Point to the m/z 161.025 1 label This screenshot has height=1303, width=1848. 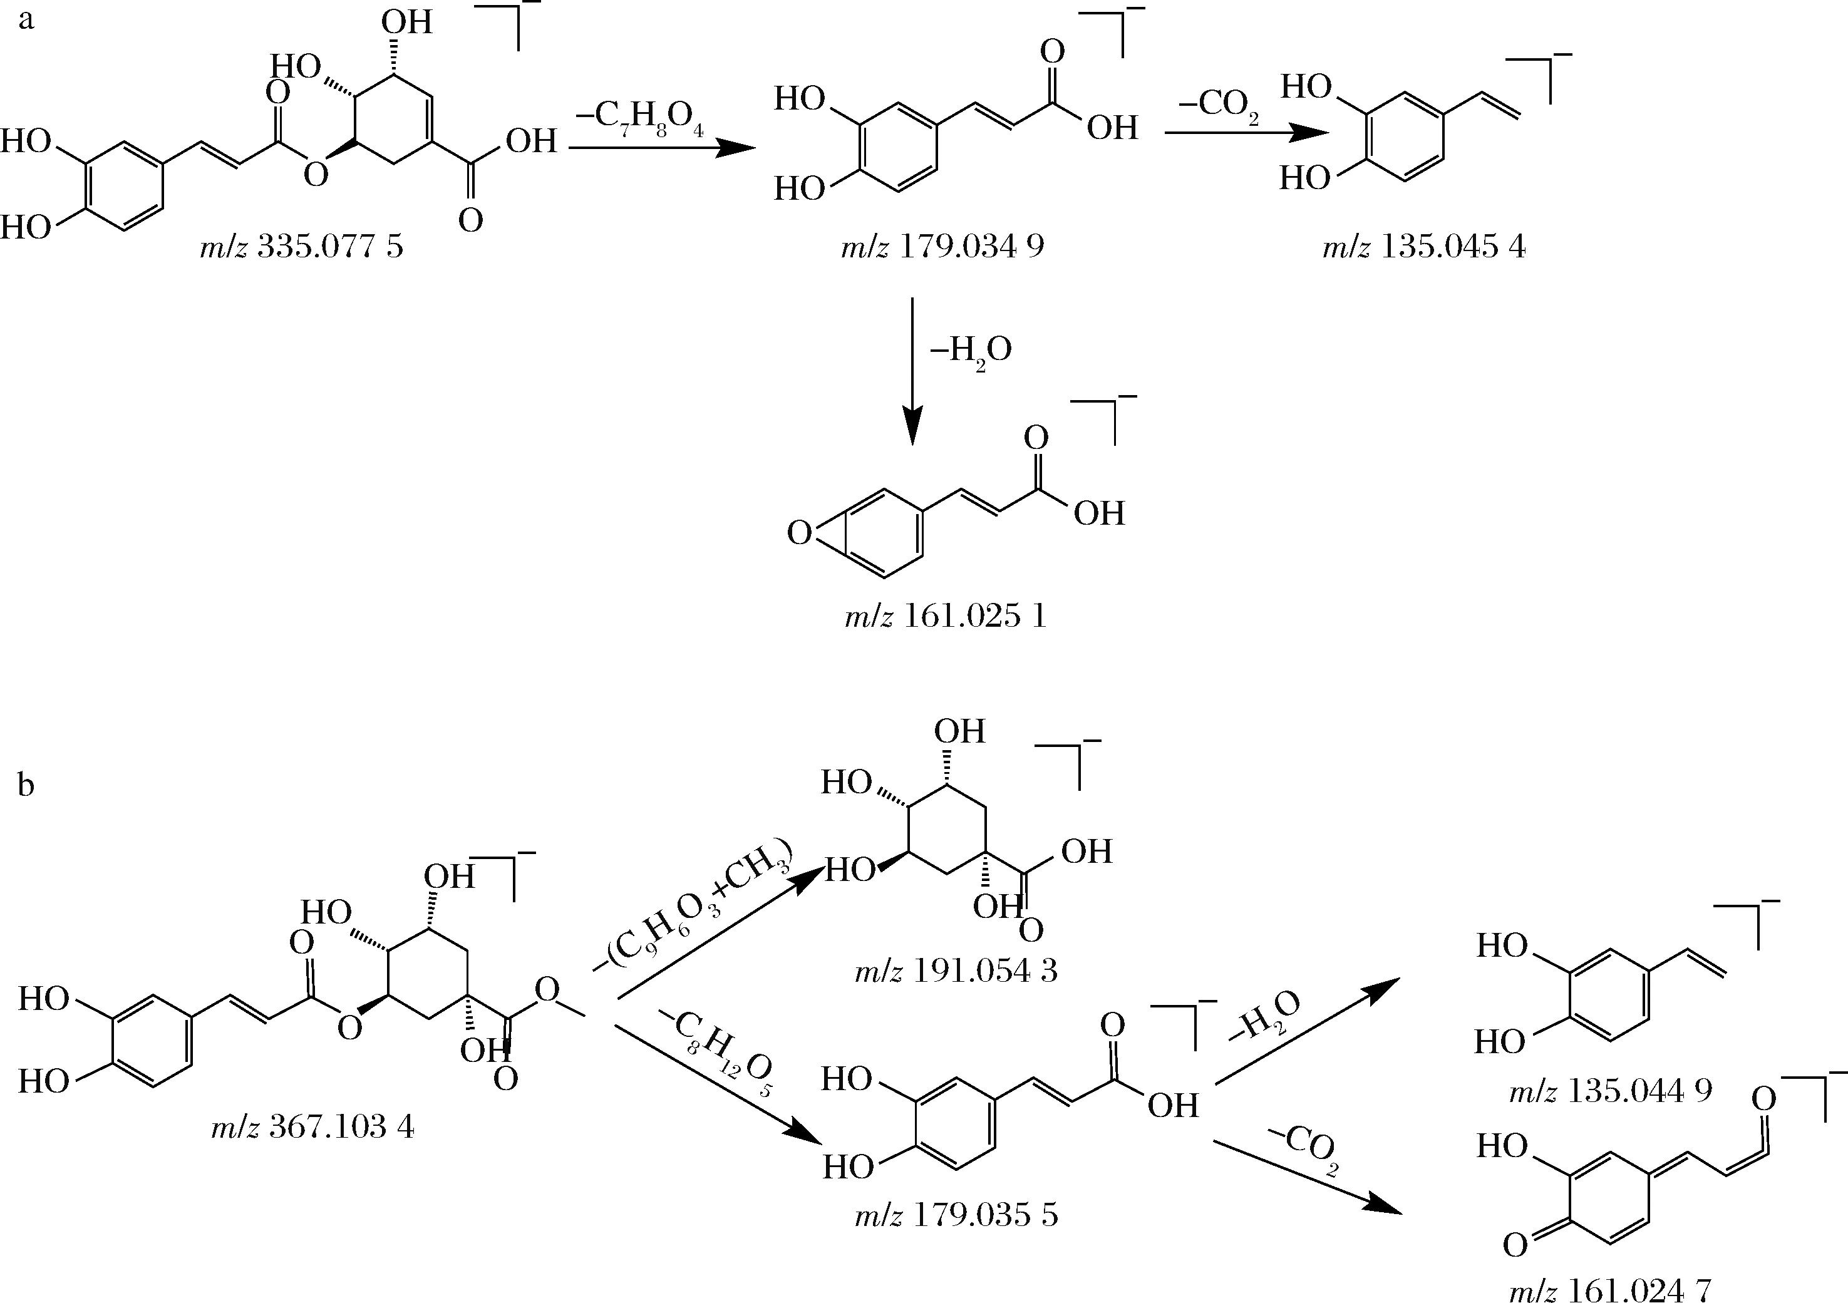point(946,617)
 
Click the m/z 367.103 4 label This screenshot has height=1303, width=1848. point(313,1128)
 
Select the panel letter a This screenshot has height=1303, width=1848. point(26,19)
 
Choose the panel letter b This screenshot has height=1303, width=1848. point(26,785)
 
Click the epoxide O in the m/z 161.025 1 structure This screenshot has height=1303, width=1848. point(798,533)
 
